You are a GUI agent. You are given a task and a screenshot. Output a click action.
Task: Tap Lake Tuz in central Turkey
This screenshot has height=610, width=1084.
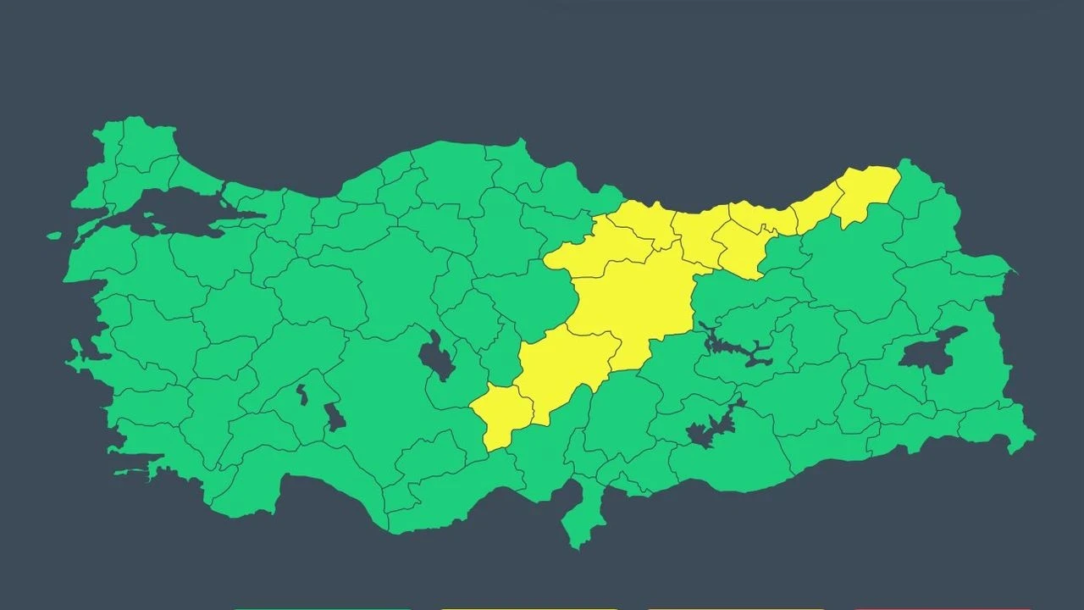click(437, 356)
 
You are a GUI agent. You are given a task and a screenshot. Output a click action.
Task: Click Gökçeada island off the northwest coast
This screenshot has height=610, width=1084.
click(54, 236)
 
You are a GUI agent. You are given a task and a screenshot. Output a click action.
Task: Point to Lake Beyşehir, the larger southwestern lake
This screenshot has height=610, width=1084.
click(335, 416)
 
